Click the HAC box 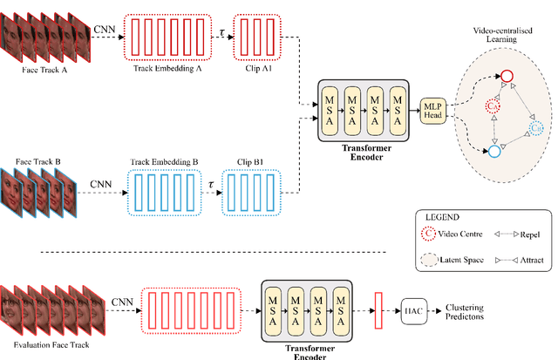coord(413,307)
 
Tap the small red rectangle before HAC coord(378,307)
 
